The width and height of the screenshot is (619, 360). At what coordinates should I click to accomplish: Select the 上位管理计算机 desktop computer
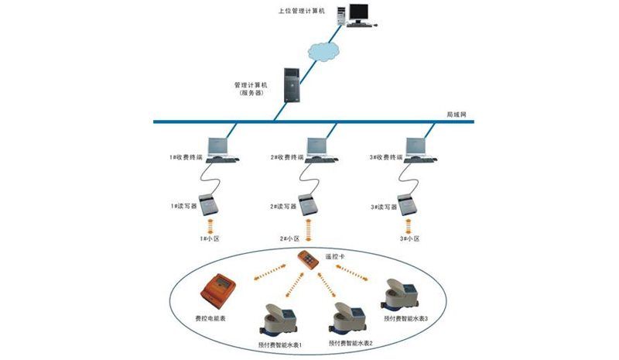tap(358, 15)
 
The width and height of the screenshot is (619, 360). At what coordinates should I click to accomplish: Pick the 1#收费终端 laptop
tap(219, 149)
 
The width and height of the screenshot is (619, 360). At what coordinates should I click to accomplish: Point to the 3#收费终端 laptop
tap(418, 149)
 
